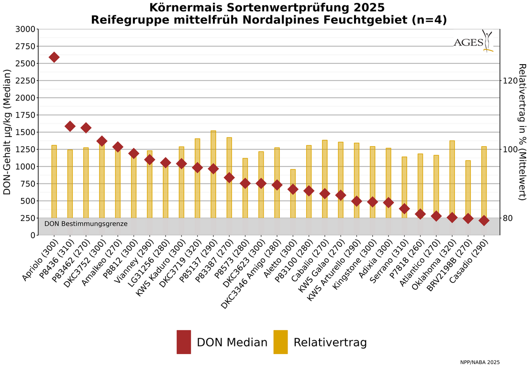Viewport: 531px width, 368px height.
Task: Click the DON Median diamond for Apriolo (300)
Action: [x=54, y=57]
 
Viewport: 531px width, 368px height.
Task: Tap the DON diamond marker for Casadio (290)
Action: [x=484, y=220]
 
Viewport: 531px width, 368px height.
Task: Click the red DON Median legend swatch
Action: [x=184, y=342]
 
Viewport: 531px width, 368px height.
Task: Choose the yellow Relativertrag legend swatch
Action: [x=280, y=342]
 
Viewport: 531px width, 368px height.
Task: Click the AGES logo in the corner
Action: [x=473, y=42]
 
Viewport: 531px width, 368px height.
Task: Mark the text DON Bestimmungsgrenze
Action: [x=86, y=224]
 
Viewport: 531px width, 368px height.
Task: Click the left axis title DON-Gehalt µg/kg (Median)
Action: [x=7, y=132]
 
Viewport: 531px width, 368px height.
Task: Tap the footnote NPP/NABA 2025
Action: [x=480, y=362]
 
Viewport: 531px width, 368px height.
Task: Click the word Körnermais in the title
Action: [x=182, y=8]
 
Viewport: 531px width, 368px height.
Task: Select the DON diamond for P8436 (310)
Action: [x=70, y=126]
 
